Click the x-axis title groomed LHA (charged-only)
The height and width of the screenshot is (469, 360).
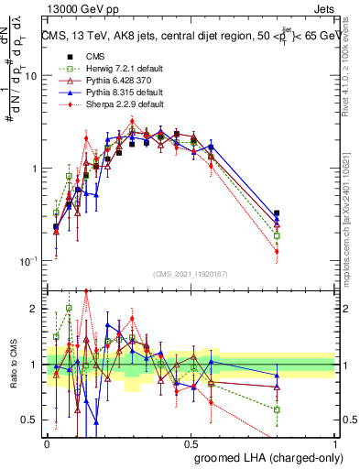pos(265,455)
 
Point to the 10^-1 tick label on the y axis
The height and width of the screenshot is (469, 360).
pos(28,261)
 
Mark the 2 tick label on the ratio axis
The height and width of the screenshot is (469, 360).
pos(35,310)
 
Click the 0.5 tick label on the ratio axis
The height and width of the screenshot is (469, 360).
pos(31,421)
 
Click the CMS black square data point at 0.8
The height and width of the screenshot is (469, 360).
pos(277,213)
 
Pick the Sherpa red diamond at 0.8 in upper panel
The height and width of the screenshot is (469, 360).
pos(277,251)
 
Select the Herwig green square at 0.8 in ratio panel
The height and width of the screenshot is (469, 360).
pos(277,409)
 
